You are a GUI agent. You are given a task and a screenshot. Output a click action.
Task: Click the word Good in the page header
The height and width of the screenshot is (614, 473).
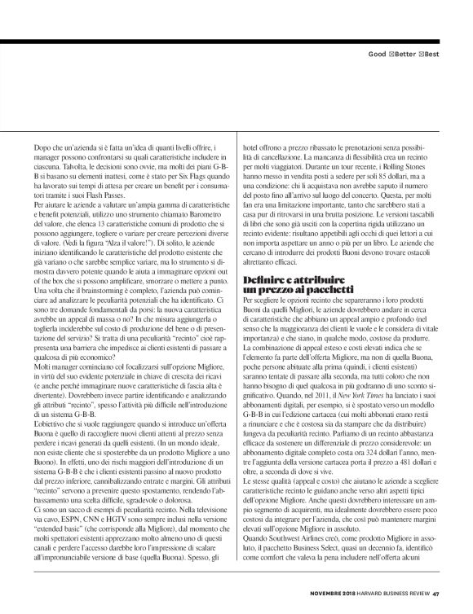coord(376,54)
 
